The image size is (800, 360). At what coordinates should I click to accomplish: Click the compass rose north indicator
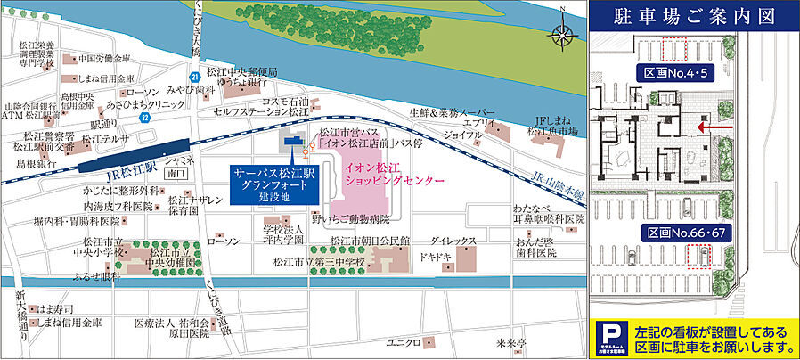coord(562,36)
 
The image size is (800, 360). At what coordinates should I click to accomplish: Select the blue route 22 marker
coord(144,117)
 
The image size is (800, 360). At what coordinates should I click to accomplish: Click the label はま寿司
coord(58,307)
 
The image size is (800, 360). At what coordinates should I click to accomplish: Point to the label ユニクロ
coord(403,342)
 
